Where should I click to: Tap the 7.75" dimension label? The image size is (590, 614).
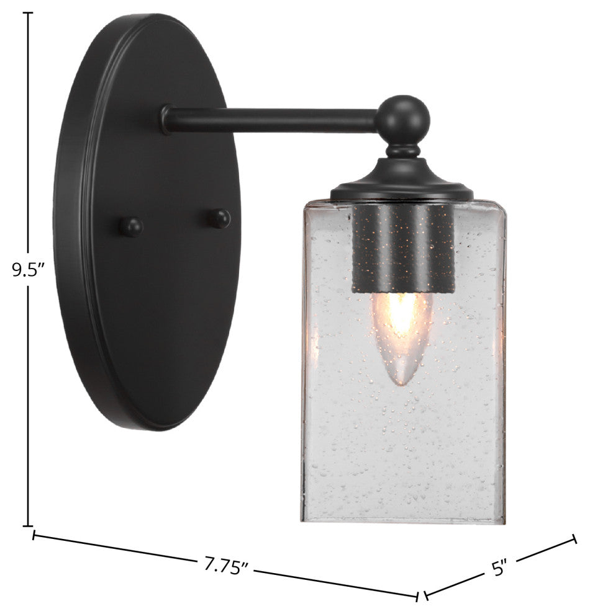(x=227, y=566)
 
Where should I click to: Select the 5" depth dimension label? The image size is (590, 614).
(x=500, y=566)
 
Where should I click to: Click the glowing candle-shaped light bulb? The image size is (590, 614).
(x=401, y=335)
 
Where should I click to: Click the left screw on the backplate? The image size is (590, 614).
(x=131, y=226)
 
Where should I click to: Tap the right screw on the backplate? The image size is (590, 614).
(x=219, y=218)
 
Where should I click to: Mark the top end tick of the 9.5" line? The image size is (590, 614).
(x=29, y=13)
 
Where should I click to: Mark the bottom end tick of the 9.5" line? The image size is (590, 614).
(x=29, y=526)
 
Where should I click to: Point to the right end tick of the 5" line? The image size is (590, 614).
(x=574, y=539)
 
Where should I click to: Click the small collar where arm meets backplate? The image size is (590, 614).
(x=165, y=119)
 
